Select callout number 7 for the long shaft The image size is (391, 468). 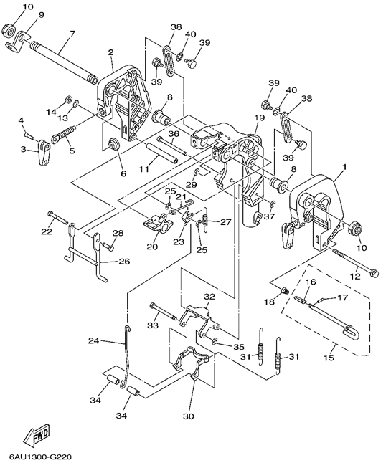pos(72,33)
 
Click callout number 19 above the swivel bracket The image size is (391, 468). pos(259,118)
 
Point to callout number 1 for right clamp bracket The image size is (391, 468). pos(344,167)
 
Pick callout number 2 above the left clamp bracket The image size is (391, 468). pos(110,53)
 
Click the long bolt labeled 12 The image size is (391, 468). pos(355,262)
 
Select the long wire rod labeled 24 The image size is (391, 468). pos(126,357)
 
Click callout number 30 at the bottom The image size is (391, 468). pos(189,416)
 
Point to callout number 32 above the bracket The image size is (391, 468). pos(209,297)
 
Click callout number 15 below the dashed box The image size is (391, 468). pos(329,357)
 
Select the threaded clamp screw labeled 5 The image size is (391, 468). pos(64,134)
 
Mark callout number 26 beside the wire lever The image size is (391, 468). pos(125,262)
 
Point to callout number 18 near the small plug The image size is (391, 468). pos(269,302)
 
